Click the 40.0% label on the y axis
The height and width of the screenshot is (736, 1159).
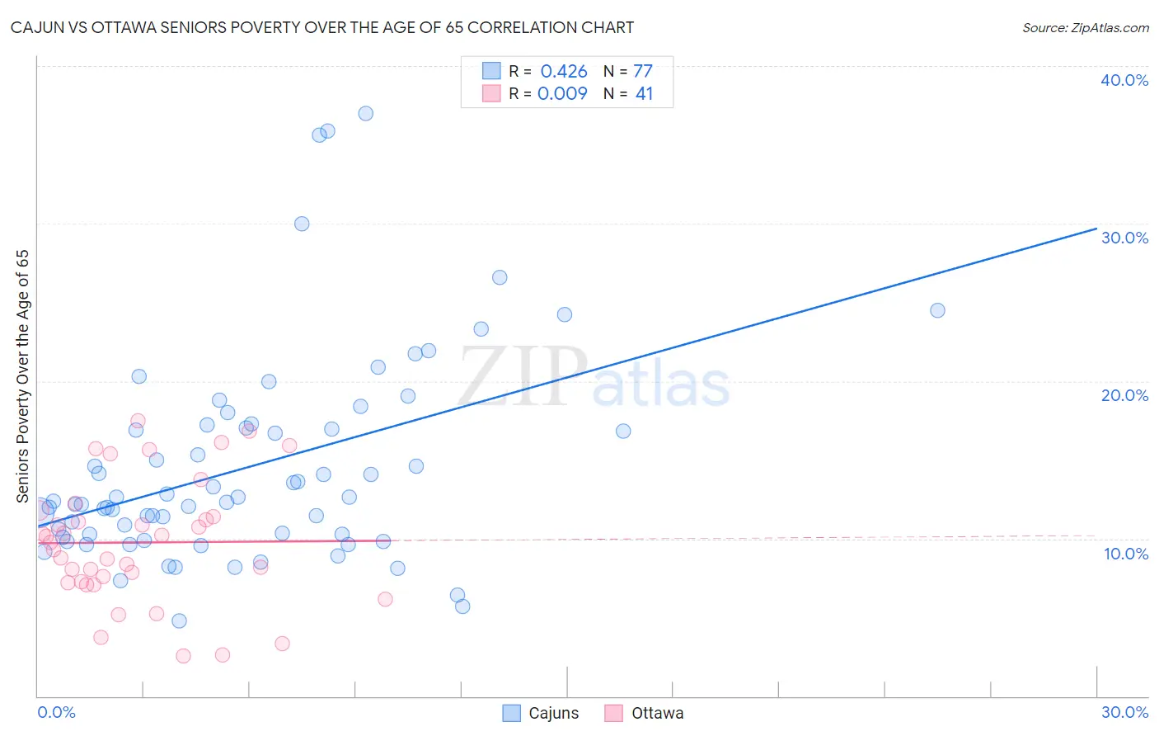1124,80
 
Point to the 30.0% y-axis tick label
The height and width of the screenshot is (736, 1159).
1124,238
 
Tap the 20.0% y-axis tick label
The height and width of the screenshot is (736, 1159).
1124,395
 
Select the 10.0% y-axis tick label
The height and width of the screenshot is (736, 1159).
1126,554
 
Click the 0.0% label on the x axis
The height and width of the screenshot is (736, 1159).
56,712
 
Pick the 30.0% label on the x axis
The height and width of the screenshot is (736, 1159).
1124,712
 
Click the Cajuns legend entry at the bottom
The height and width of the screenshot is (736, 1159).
541,713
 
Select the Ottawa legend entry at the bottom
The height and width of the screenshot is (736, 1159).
644,713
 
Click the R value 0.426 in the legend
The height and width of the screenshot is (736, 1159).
564,72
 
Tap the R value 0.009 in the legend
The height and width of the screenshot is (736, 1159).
562,93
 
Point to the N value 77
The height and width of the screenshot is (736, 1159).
643,72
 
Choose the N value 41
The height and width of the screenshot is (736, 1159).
644,93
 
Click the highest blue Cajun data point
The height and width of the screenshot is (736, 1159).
365,113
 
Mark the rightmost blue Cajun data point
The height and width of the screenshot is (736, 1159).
937,310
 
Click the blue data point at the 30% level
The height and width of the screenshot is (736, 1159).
302,224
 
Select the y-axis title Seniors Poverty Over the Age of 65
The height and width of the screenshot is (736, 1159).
22,376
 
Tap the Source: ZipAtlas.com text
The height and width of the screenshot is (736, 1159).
1085,28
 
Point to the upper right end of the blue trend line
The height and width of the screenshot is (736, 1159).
1096,229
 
